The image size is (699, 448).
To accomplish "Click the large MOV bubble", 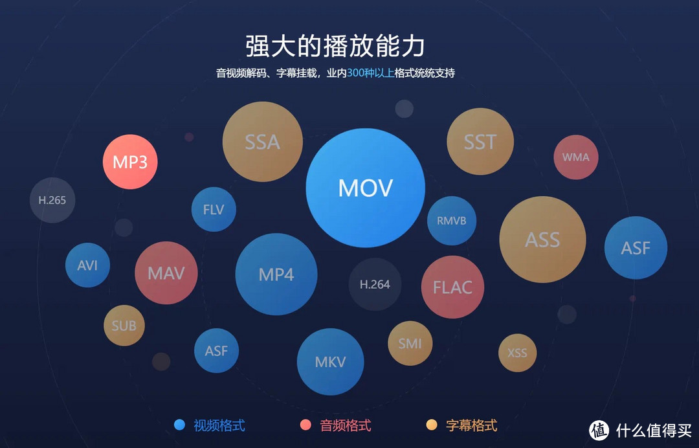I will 365,188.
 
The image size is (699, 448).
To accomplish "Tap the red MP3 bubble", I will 130,162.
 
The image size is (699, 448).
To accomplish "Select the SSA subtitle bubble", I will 262,142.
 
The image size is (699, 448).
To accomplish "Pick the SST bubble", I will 480,142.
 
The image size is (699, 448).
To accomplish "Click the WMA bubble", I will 575,157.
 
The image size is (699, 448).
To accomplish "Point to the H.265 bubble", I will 52,200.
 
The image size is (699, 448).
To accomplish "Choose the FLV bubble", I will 214,210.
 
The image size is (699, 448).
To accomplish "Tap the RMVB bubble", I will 451,221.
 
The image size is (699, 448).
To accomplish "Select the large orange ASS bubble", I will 542,240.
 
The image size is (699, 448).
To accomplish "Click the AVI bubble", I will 87,265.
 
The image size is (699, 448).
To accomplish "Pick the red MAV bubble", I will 166,273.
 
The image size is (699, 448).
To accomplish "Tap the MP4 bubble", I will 276,274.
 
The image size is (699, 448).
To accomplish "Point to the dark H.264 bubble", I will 375,284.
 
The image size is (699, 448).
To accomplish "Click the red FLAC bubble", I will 452,287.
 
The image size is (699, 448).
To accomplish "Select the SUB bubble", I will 124,326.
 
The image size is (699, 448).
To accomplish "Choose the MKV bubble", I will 330,361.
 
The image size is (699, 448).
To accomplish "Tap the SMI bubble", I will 410,343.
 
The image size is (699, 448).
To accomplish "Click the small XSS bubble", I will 517,353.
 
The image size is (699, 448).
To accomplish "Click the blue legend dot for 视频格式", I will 180,425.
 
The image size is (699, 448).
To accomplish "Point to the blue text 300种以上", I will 370,73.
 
